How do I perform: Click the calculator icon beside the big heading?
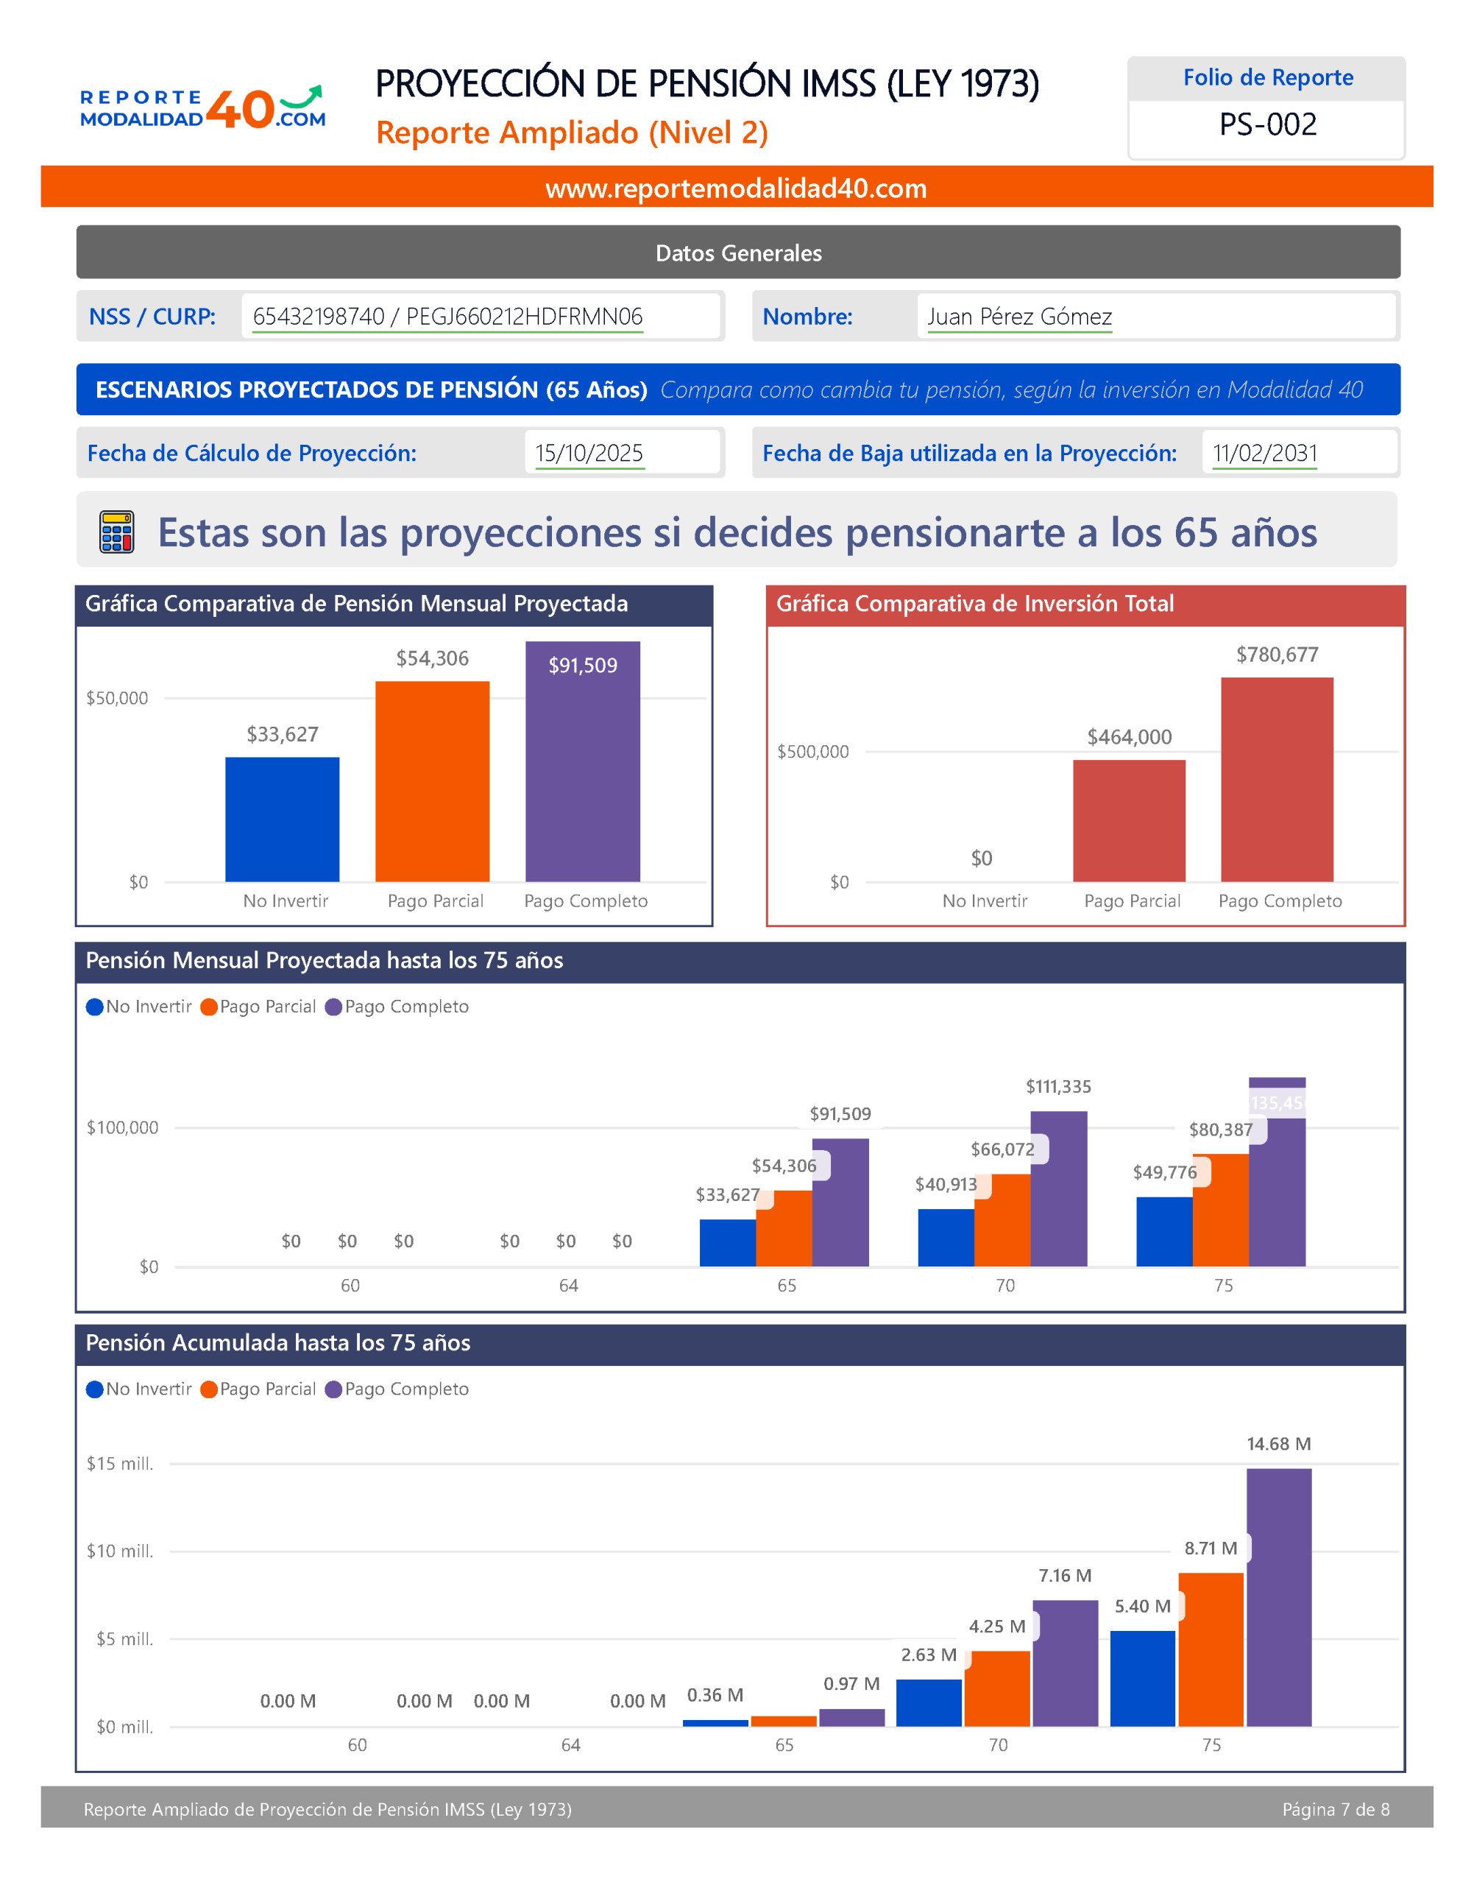[116, 531]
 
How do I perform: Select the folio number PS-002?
[1267, 125]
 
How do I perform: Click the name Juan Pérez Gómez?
[1019, 317]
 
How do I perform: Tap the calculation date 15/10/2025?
[589, 454]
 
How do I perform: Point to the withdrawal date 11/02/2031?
[1264, 454]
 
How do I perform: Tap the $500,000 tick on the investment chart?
[813, 752]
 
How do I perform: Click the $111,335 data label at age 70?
[1058, 1087]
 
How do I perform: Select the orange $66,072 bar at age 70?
[1002, 1219]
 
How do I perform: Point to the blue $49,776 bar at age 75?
[1164, 1231]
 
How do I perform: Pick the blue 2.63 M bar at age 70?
[929, 1703]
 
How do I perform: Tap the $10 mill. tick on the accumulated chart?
[120, 1551]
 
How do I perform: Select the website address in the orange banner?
[735, 188]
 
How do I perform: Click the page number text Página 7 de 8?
[1335, 1809]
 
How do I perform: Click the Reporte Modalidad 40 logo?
[203, 109]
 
